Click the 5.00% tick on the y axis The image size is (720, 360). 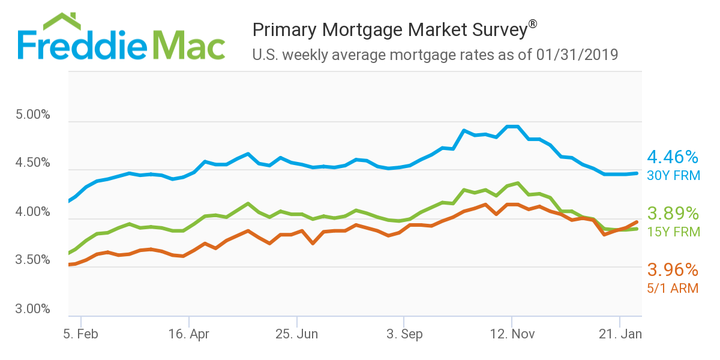[x=33, y=115]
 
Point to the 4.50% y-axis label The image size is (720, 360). [x=33, y=163]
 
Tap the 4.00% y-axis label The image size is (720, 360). [x=33, y=212]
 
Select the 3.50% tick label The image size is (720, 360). [x=33, y=260]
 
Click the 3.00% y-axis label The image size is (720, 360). [x=33, y=309]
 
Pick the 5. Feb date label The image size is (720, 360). [x=81, y=334]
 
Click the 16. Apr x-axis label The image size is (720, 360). [x=188, y=334]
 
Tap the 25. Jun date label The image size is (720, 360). [x=296, y=334]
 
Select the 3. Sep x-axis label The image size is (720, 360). [x=404, y=334]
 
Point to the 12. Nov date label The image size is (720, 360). [x=511, y=334]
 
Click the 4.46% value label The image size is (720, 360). [x=673, y=158]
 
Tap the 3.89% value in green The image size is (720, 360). [x=673, y=214]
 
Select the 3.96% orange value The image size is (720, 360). [x=673, y=269]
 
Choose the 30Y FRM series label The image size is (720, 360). [x=673, y=176]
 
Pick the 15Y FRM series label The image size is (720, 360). [x=673, y=232]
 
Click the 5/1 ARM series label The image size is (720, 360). [x=672, y=288]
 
